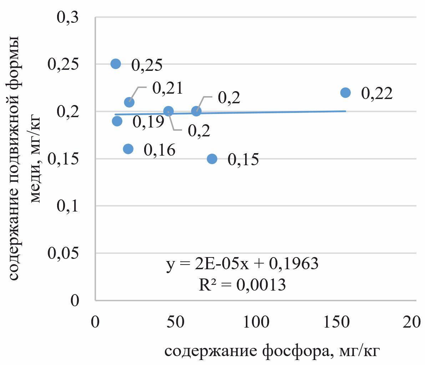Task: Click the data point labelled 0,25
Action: [x=116, y=64]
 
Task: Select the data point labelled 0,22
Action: [x=345, y=93]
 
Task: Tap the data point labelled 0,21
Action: [x=129, y=102]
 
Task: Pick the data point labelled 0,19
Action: [x=117, y=121]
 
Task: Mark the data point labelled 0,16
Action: [x=128, y=148]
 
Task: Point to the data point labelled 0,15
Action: [x=212, y=158]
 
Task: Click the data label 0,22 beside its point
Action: [x=377, y=93]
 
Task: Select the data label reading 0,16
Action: [x=160, y=150]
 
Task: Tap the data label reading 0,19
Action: [x=148, y=122]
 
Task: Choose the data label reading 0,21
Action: [x=168, y=88]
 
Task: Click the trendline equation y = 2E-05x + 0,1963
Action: [x=242, y=264]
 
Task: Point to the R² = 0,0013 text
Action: [x=242, y=285]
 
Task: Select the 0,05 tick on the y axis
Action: [x=63, y=253]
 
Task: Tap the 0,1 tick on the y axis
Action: [x=68, y=206]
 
